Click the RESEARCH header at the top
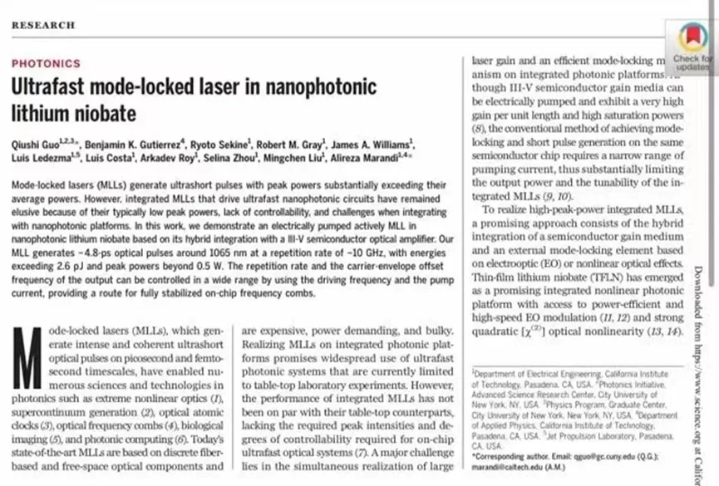tap(42, 25)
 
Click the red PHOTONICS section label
tap(46, 63)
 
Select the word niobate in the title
tap(108, 112)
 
